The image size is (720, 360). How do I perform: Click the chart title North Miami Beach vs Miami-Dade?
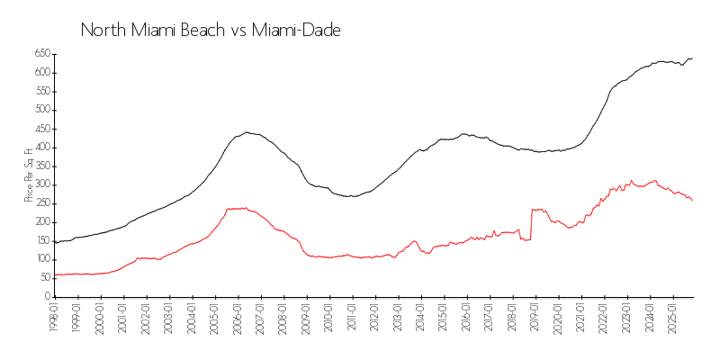point(210,30)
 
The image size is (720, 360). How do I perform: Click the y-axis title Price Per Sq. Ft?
point(30,175)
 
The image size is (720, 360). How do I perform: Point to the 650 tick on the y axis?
point(41,53)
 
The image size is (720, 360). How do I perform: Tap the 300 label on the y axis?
point(41,184)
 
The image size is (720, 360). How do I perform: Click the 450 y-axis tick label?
point(41,129)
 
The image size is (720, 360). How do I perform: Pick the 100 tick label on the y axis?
point(41,259)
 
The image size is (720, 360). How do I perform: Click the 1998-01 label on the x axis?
point(54,319)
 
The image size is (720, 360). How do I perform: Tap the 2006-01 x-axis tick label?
point(238,319)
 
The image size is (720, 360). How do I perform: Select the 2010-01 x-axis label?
point(329,319)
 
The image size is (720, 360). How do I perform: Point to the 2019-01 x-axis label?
point(535,319)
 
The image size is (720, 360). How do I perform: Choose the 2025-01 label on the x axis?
point(673,319)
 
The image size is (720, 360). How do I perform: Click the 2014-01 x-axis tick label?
point(421,319)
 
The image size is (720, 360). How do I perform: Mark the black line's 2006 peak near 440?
point(247,132)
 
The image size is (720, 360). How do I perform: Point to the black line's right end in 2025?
point(692,58)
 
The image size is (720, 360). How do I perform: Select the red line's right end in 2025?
point(692,200)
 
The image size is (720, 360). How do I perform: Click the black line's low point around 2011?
point(353,196)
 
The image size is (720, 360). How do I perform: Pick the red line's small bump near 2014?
point(414,240)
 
